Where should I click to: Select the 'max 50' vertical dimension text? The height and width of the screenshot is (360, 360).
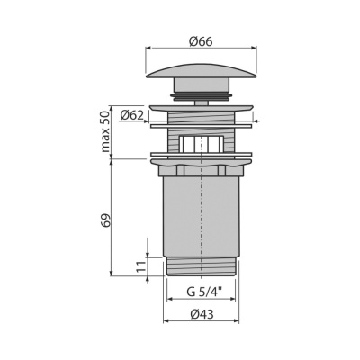(105, 130)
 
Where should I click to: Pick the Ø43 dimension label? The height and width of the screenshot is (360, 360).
(201, 313)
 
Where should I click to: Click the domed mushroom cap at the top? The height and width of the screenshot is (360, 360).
(201, 71)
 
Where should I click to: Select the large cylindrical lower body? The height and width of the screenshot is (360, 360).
(201, 216)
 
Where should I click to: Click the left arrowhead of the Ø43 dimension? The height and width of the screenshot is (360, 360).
(165, 323)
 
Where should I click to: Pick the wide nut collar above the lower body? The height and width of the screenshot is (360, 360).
(201, 165)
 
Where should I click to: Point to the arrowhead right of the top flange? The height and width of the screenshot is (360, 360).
(256, 121)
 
